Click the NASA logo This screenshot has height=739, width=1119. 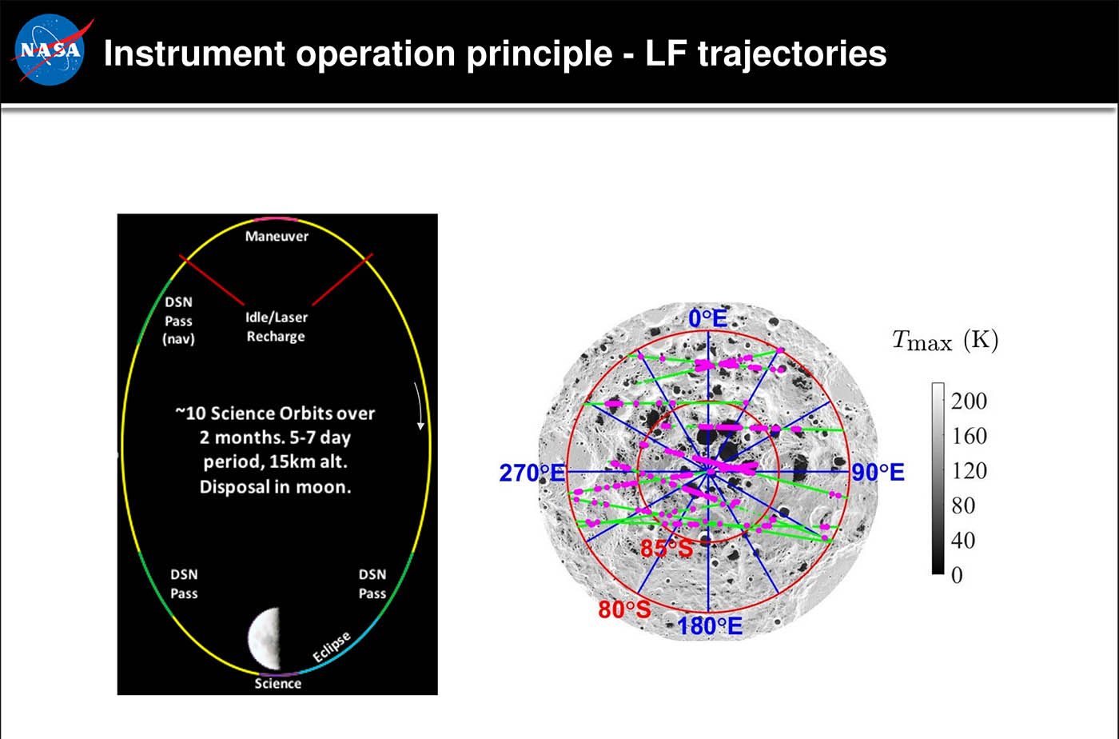coord(50,50)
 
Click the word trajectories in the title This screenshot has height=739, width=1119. coord(792,54)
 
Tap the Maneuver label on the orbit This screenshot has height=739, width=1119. coord(277,236)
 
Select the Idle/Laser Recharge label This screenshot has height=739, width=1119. coord(277,326)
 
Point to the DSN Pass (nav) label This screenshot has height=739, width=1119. coord(178,321)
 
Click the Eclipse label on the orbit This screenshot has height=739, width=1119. coord(332,646)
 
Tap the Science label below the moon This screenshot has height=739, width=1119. coord(278,684)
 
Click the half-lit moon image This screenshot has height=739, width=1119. coord(265,638)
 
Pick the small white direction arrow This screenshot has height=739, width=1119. coord(420,406)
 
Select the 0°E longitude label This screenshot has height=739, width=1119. coord(708,318)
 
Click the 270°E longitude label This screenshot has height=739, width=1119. coord(532,473)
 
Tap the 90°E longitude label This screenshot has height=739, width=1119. coord(878,473)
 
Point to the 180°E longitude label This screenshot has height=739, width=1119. coord(710,626)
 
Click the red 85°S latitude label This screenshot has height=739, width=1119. coord(667,549)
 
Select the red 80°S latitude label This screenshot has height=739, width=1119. coord(624,609)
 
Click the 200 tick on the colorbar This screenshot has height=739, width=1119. coord(969,401)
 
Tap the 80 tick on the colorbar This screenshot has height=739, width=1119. coord(963,506)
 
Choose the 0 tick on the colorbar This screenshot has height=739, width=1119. coord(958,576)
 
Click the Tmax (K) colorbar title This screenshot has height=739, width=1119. coord(945,342)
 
